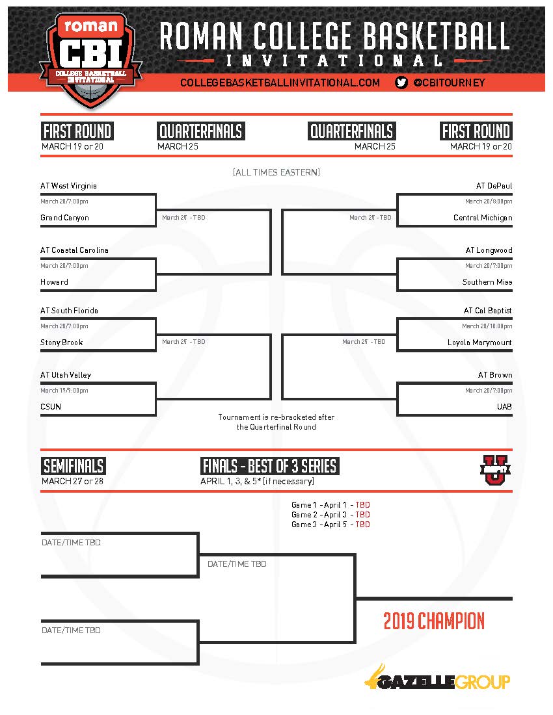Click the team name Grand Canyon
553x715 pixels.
64,218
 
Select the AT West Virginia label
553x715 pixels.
68,186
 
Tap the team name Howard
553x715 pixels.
54,282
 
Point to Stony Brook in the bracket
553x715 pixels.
61,343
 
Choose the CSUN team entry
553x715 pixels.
51,407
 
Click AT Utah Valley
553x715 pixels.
66,375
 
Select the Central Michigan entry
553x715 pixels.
483,218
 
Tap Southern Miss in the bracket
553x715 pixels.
487,282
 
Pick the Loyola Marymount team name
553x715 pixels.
479,343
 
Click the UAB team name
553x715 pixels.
504,407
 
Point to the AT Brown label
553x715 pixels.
495,375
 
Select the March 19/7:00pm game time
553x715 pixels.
64,391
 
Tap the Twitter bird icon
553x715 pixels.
401,83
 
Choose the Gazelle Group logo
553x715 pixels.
437,680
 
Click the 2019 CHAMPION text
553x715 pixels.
434,621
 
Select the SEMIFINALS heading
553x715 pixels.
74,466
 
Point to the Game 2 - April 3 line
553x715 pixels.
330,515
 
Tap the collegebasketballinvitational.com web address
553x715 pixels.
280,83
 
